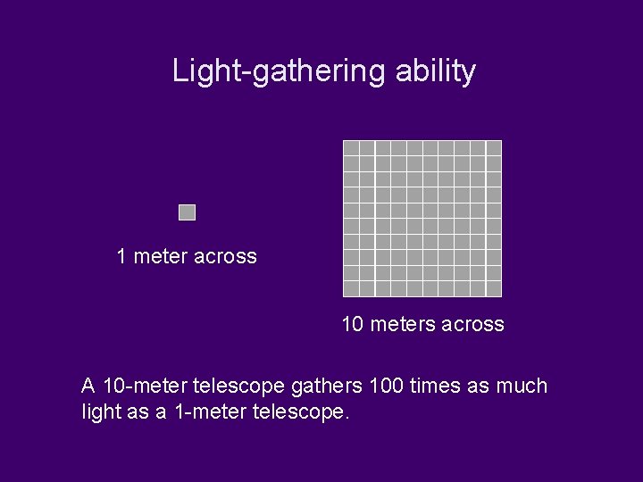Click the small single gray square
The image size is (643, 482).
click(187, 212)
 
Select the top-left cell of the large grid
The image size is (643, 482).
click(351, 148)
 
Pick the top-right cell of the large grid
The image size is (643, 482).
click(494, 148)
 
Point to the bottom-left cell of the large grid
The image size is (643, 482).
click(351, 288)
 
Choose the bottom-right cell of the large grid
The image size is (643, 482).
click(494, 288)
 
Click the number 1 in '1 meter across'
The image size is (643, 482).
click(122, 257)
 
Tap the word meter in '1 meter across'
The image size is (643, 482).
click(160, 257)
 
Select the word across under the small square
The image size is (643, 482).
click(225, 257)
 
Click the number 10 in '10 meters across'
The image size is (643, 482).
click(353, 325)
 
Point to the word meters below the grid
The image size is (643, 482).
click(405, 325)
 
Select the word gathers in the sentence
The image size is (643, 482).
click(327, 386)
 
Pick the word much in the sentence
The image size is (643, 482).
click(522, 386)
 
